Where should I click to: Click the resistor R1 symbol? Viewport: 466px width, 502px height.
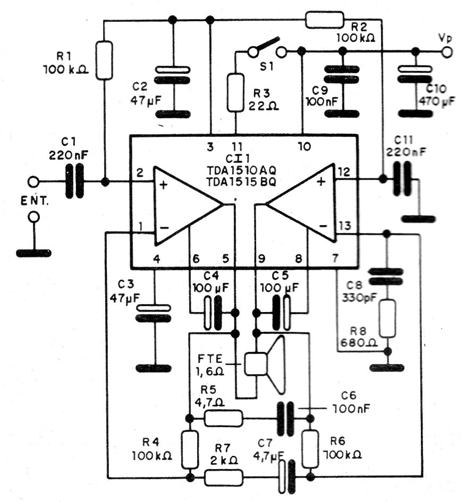[105, 60]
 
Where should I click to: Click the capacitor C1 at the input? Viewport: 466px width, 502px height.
[74, 181]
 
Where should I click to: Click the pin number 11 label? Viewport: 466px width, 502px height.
[238, 146]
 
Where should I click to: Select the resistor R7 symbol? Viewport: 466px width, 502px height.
[224, 478]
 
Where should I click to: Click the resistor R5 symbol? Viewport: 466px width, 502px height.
[224, 418]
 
